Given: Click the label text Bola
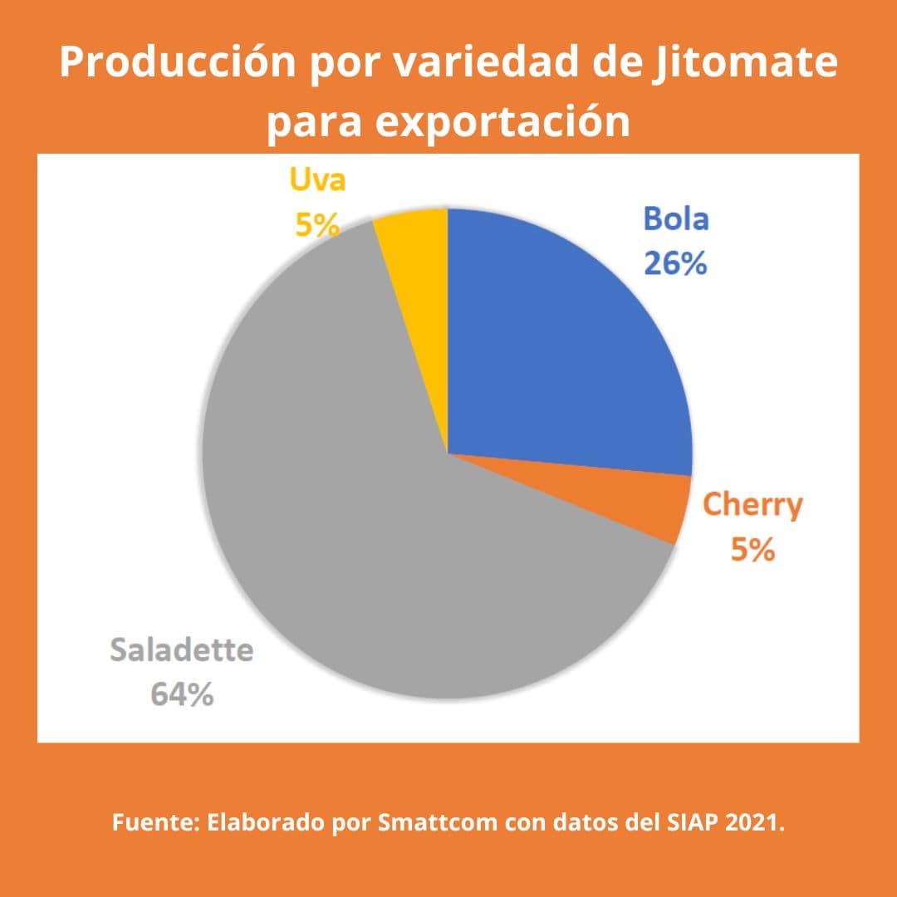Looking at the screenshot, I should point(675,220).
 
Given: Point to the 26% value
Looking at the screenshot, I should point(675,263).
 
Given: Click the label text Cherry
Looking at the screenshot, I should point(752,505).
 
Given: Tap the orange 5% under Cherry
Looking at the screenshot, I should point(752,549).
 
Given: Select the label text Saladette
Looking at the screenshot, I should point(182,650).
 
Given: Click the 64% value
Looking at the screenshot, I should point(182,694).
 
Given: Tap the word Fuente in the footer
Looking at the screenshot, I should point(154,825).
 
